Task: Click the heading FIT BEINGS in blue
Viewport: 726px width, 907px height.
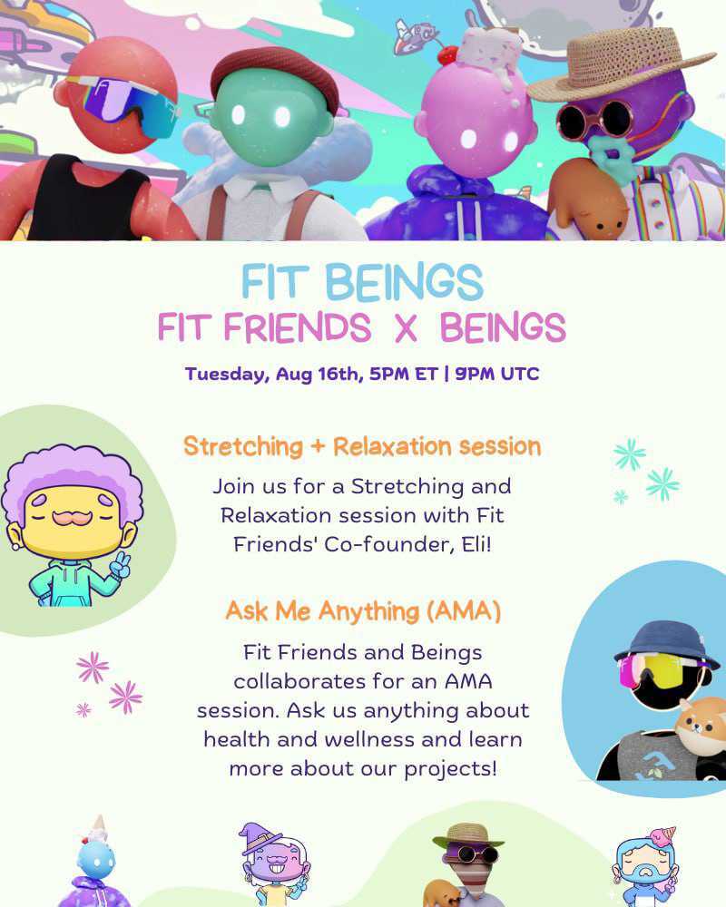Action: [362, 283]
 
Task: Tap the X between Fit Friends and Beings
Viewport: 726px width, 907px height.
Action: [406, 328]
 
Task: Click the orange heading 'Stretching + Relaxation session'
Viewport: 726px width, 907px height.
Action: [362, 446]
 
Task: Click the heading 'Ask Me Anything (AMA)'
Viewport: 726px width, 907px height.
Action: [363, 611]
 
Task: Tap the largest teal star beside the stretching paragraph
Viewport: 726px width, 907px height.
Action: [663, 483]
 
